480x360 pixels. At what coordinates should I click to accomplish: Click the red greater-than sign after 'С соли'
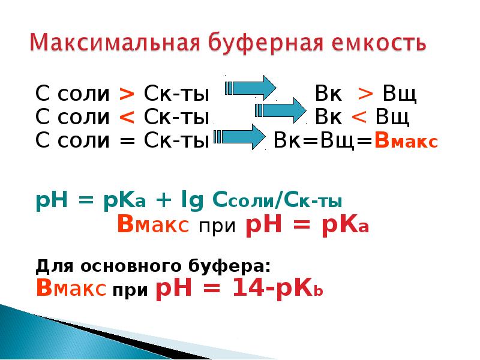tap(127, 95)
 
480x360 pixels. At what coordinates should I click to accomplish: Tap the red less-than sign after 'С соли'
tap(127, 117)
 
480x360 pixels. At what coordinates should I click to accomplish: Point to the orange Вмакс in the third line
tap(406, 141)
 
